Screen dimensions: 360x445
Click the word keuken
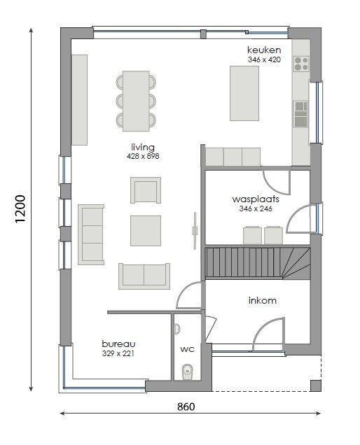(264, 50)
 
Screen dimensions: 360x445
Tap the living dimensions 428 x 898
(143, 156)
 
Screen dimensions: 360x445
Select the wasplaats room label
(256, 199)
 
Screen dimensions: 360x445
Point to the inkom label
(262, 300)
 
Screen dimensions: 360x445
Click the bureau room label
(118, 344)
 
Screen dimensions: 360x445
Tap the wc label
(187, 348)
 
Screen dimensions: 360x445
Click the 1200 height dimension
(20, 209)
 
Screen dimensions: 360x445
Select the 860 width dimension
(186, 407)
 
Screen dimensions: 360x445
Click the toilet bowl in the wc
(187, 372)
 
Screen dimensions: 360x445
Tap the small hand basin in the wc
(176, 329)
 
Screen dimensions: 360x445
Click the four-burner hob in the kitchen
(301, 64)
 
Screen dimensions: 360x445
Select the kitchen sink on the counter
(300, 114)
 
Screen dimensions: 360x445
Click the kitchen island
(244, 93)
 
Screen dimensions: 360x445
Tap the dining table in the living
(136, 101)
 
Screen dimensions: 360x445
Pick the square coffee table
(146, 231)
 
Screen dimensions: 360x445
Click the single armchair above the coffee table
(146, 190)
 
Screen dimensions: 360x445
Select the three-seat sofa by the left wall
(91, 234)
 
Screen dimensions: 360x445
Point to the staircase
(258, 263)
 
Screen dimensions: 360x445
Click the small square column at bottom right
(316, 386)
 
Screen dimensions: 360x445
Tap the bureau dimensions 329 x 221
(118, 353)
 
